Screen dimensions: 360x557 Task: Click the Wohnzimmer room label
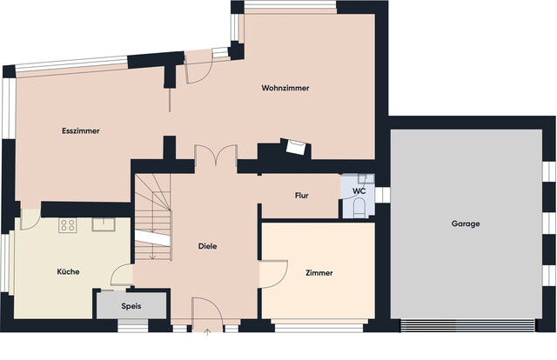click(285, 89)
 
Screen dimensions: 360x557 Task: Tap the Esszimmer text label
click(81, 131)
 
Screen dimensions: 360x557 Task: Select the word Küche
click(69, 271)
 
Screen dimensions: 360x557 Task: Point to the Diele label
click(207, 246)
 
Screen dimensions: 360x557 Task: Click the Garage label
click(466, 223)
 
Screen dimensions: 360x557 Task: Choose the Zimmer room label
click(319, 272)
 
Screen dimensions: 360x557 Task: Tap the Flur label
click(302, 196)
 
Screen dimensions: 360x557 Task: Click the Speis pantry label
click(131, 306)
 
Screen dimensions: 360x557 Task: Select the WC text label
click(359, 190)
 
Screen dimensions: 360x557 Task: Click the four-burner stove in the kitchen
click(68, 225)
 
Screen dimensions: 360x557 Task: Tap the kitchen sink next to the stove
click(103, 225)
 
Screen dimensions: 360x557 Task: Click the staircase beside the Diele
click(151, 213)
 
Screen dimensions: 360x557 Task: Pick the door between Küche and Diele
click(124, 274)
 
